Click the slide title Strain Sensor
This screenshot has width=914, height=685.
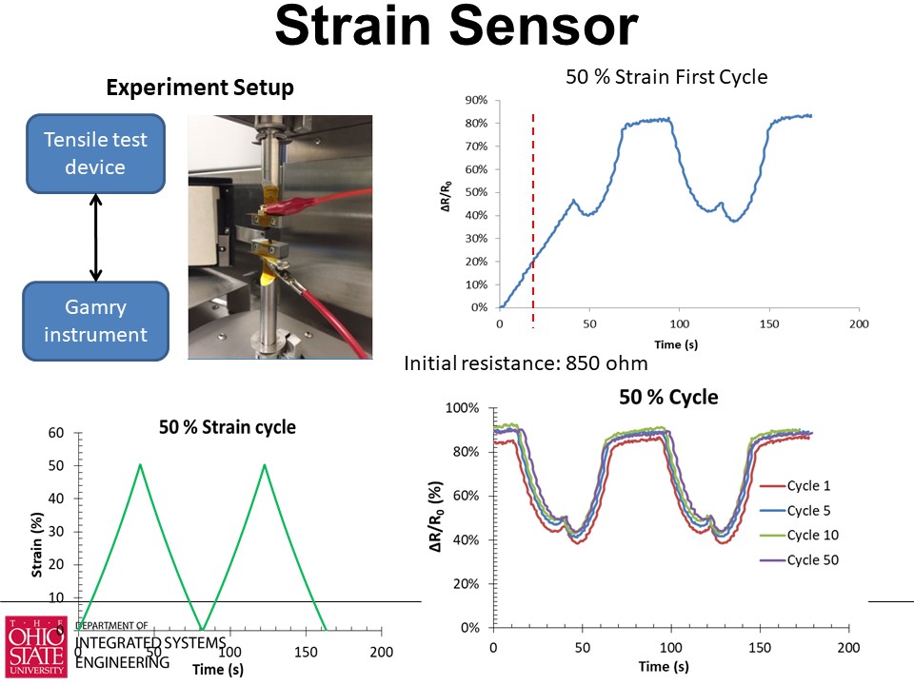(456, 29)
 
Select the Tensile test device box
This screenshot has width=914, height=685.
(96, 153)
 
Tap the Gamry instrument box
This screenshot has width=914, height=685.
(96, 321)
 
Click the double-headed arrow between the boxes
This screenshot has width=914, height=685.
(96, 237)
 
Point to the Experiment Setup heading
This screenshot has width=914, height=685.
(199, 88)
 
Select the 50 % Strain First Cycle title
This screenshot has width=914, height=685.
(666, 77)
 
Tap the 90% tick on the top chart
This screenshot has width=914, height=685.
(475, 100)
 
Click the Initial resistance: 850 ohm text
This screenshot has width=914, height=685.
(527, 363)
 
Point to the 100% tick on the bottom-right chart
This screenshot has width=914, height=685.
(464, 408)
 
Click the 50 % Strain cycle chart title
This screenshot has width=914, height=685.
(227, 427)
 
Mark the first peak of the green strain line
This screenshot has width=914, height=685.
(141, 464)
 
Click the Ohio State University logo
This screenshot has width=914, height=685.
(36, 646)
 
